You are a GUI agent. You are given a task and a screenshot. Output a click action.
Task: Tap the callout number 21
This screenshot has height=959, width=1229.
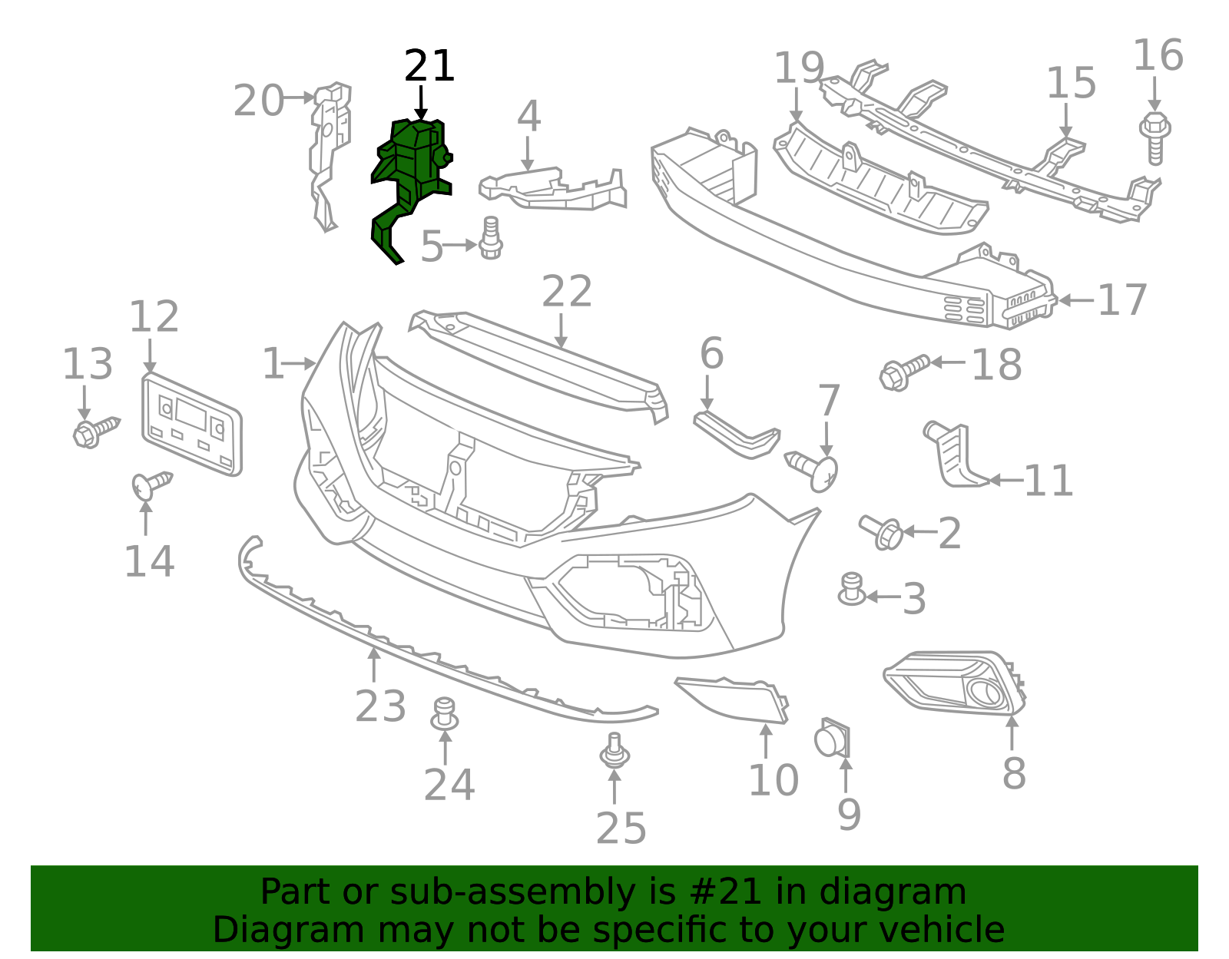coord(429,66)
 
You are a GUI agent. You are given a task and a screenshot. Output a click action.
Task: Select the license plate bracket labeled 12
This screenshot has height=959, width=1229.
coord(192,424)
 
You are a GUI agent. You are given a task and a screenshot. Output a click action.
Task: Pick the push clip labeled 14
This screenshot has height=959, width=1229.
coord(151,484)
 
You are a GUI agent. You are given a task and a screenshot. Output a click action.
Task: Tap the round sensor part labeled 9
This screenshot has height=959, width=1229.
coord(831,739)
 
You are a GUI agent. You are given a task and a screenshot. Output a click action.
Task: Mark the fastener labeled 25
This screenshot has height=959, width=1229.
coord(614,751)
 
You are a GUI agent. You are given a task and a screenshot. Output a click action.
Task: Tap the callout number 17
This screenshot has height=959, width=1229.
coord(1122,300)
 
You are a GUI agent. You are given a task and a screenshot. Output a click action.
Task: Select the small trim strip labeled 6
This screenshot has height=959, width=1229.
coord(736,435)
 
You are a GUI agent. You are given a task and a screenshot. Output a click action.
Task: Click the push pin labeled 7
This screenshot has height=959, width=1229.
coord(814,468)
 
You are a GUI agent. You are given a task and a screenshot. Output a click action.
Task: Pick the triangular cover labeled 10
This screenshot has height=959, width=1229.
coord(734,698)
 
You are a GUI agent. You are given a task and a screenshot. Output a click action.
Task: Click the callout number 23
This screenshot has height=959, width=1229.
coord(380,706)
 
